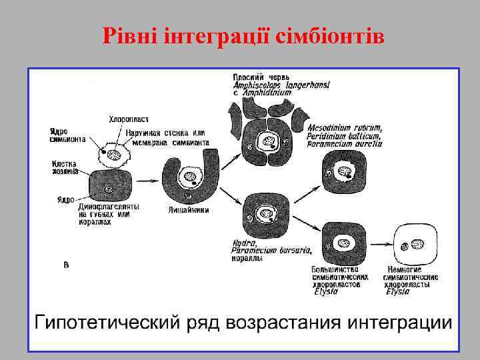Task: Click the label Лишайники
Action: point(189,209)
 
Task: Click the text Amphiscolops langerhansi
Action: point(281,85)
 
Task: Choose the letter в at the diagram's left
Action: point(66,265)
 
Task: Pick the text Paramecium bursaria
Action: point(261,251)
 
